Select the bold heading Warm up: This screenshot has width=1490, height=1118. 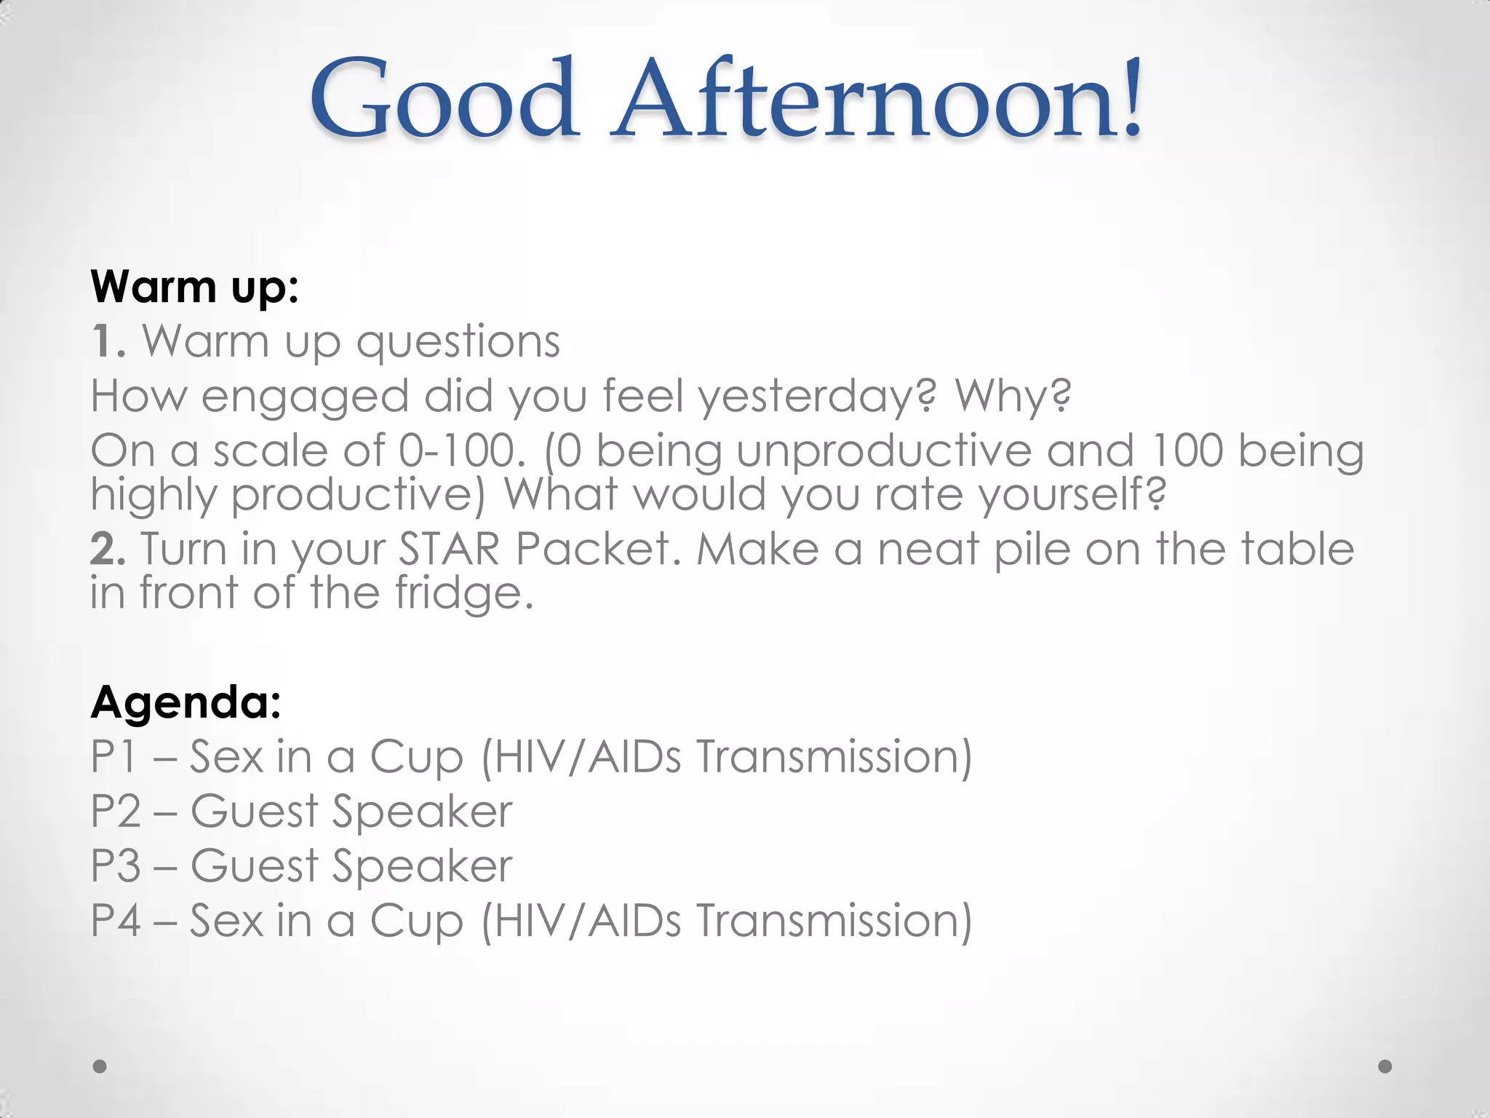(x=194, y=287)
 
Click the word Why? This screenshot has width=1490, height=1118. (x=1013, y=397)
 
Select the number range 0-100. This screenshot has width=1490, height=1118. (x=461, y=451)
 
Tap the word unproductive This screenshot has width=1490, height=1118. (x=883, y=451)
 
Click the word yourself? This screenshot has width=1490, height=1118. (x=1072, y=495)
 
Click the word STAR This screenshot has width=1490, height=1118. (x=449, y=549)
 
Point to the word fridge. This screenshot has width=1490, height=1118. (x=464, y=592)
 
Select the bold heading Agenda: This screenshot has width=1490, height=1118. (x=186, y=702)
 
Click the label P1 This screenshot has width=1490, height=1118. (x=113, y=756)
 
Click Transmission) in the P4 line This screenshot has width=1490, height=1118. (x=834, y=920)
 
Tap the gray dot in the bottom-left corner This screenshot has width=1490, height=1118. (x=100, y=1066)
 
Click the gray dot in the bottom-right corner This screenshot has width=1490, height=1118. (x=1385, y=1066)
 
